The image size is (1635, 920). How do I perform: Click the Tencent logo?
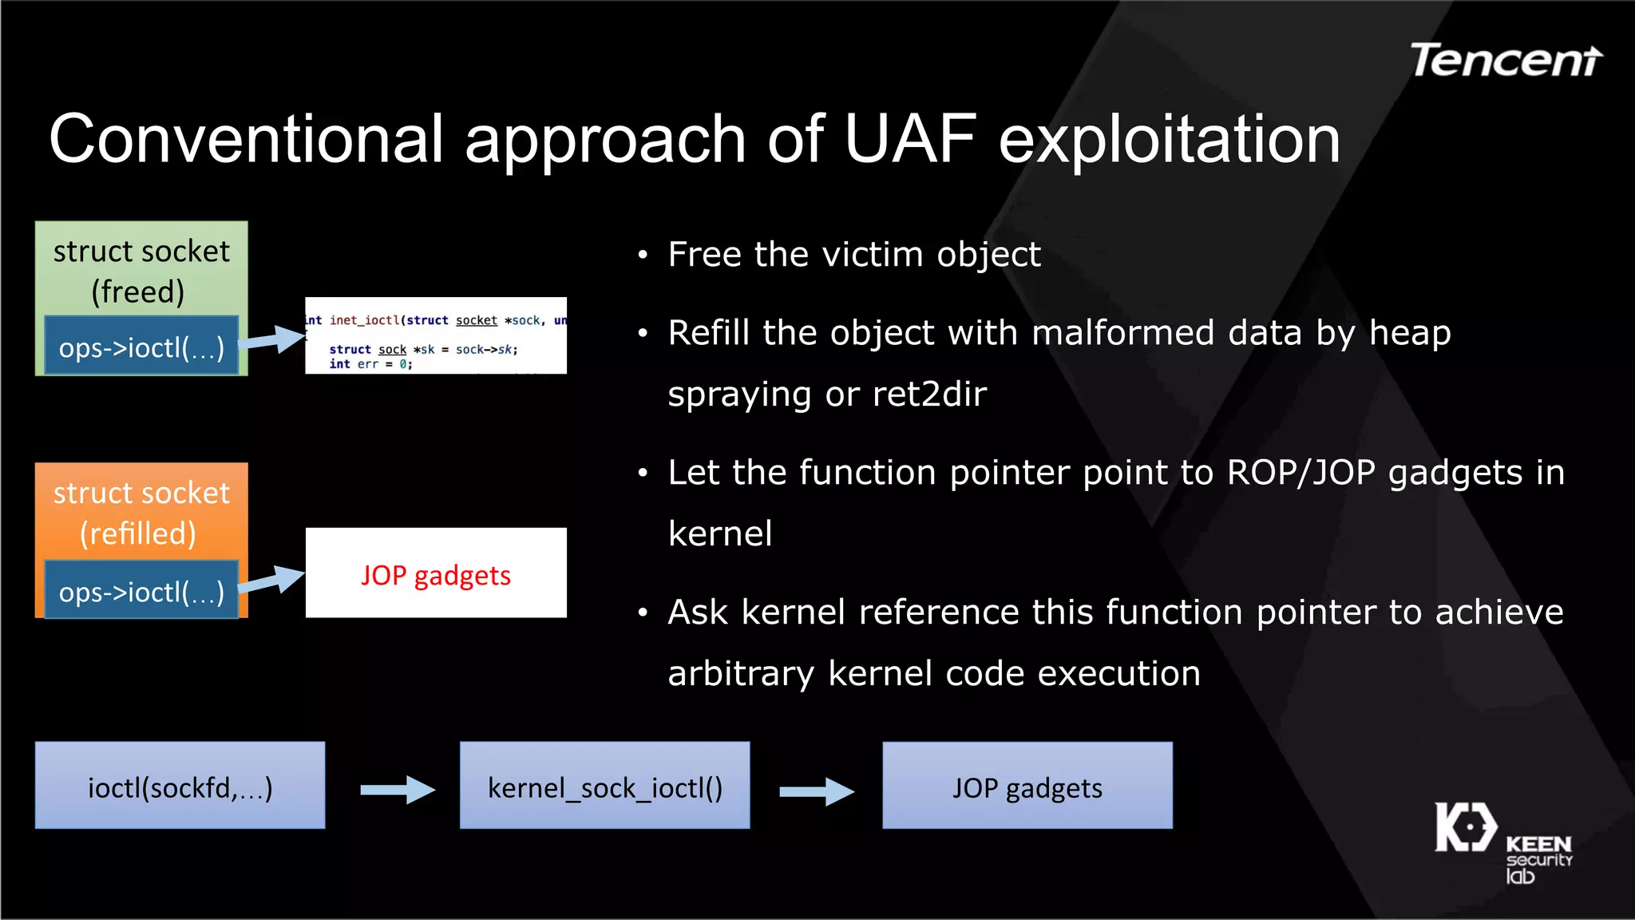tap(1506, 61)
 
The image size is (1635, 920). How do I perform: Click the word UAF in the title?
tap(909, 139)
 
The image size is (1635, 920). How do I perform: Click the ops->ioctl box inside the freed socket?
tap(141, 347)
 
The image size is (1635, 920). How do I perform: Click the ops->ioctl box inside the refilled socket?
tap(141, 591)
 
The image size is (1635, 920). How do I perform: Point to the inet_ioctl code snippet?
tap(436, 335)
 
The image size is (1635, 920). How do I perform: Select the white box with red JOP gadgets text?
tap(436, 573)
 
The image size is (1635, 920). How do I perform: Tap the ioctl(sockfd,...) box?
tap(180, 786)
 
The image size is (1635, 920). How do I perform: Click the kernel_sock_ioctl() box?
tap(604, 786)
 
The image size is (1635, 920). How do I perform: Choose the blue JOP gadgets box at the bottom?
tap(1027, 786)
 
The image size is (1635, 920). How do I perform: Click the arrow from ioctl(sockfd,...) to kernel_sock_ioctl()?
tap(398, 790)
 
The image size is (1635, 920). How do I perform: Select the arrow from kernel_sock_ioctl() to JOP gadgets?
tap(817, 791)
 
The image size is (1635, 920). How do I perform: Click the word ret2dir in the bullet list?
tap(929, 394)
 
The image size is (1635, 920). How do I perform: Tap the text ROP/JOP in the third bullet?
tap(1300, 472)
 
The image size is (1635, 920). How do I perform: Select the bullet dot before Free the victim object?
tap(643, 256)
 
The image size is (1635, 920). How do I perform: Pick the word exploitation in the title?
tap(1169, 139)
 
